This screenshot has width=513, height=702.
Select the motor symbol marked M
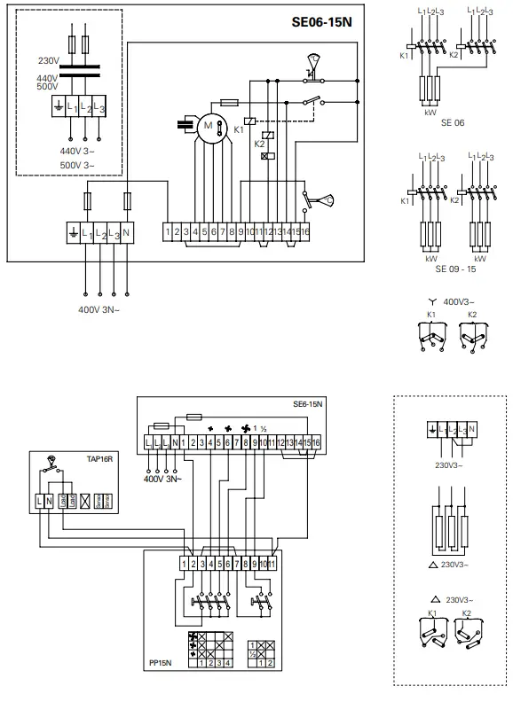pyautogui.click(x=209, y=126)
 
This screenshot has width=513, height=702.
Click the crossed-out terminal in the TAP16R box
pyautogui.click(x=84, y=503)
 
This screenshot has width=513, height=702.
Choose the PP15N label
pyautogui.click(x=162, y=660)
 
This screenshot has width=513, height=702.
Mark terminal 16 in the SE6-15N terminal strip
pyautogui.click(x=315, y=441)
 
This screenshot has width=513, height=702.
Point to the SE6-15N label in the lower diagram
pyautogui.click(x=306, y=403)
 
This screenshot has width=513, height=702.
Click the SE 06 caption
pyautogui.click(x=452, y=122)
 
